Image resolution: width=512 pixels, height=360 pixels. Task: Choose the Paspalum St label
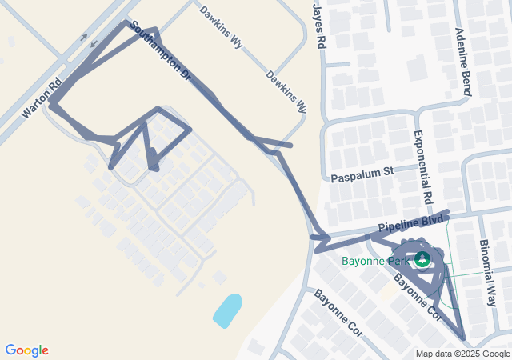pos(362,172)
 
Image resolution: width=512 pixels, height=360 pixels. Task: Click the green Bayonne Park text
pos(375,261)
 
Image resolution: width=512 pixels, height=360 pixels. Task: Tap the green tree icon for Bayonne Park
pos(422,258)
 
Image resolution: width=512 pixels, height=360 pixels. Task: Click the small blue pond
pos(227,310)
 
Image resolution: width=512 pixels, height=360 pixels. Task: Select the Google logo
pos(26,350)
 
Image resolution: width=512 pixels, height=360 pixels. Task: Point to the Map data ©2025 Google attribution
pos(462,354)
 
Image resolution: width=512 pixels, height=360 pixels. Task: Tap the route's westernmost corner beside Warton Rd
pos(51,103)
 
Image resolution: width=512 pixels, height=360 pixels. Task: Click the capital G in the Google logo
pos(10,350)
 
